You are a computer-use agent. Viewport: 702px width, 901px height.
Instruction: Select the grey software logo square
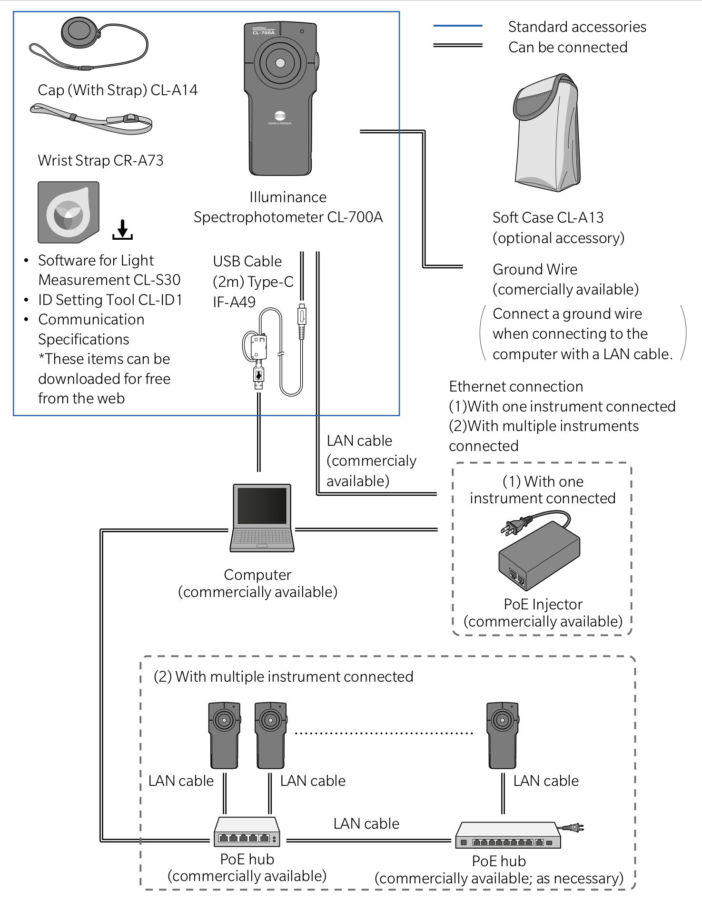pyautogui.click(x=69, y=212)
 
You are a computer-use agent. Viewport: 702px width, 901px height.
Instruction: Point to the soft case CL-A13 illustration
pyautogui.click(x=547, y=133)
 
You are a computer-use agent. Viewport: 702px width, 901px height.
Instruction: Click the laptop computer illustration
pyautogui.click(x=262, y=518)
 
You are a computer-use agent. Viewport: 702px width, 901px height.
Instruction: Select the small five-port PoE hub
pyautogui.click(x=247, y=832)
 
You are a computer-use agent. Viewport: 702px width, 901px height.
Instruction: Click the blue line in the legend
pyautogui.click(x=458, y=25)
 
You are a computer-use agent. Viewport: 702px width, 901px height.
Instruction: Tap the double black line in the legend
pyautogui.click(x=458, y=46)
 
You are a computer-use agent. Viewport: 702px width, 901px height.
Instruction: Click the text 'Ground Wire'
pyautogui.click(x=535, y=269)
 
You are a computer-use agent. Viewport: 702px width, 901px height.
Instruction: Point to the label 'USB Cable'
pyautogui.click(x=247, y=261)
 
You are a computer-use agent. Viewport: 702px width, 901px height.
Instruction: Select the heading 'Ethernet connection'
pyautogui.click(x=516, y=386)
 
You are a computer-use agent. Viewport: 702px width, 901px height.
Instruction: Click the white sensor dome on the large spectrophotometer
pyautogui.click(x=280, y=63)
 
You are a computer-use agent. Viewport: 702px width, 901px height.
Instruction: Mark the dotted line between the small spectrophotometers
pyautogui.click(x=384, y=733)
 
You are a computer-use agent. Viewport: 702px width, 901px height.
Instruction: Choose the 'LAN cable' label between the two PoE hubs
pyautogui.click(x=366, y=823)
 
